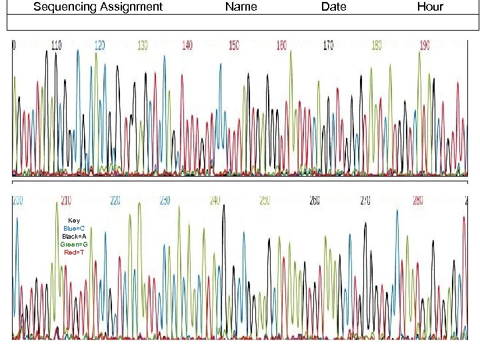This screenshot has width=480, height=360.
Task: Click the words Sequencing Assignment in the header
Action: (97, 7)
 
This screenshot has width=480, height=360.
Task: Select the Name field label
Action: (241, 7)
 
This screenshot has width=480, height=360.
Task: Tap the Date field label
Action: (333, 7)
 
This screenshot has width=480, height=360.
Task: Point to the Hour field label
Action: (430, 7)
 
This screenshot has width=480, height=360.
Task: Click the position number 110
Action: (56, 45)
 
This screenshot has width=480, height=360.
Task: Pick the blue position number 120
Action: (99, 45)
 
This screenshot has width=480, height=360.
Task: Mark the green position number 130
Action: (143, 45)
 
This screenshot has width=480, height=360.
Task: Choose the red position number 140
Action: (187, 45)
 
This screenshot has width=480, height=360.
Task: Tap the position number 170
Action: (328, 45)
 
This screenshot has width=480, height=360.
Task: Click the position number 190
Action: (425, 45)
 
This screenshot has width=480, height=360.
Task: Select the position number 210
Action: (67, 200)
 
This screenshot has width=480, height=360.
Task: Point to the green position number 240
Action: (215, 200)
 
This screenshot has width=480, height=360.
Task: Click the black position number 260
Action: (315, 200)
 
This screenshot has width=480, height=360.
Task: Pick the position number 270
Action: (365, 200)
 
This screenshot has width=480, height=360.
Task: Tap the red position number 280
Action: (417, 200)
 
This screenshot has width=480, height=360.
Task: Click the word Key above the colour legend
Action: (74, 221)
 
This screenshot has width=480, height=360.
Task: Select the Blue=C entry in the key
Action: (74, 229)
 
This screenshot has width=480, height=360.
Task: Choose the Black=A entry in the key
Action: (74, 237)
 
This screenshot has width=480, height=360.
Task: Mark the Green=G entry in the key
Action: (74, 245)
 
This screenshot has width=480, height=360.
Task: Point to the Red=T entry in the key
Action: (74, 253)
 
